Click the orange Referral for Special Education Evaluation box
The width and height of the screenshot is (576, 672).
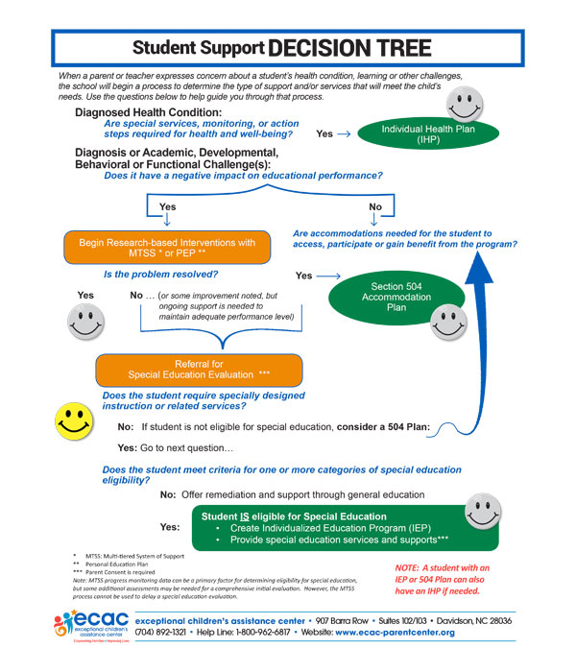(x=199, y=369)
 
